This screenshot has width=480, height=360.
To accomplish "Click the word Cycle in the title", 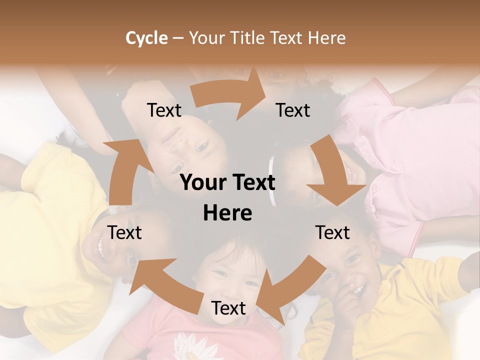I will coord(146,38).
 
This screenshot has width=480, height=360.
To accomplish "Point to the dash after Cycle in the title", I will coord(178,38).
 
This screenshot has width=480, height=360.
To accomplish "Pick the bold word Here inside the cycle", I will coord(227,213).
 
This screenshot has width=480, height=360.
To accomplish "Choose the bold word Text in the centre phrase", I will coord(252,183).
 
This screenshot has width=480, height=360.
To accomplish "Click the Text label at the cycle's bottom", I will coord(228,308).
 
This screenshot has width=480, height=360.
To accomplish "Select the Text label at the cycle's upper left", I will coord(164,110).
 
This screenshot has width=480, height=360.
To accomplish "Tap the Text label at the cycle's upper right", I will coord(293,110).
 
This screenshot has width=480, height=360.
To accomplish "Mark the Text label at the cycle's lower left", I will coord(124,232).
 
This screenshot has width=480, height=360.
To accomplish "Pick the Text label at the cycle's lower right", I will coord(332,232).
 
